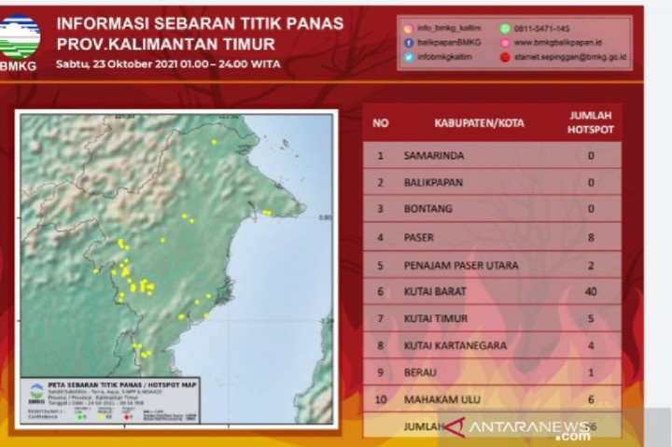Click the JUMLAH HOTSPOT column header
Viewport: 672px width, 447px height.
click(591, 122)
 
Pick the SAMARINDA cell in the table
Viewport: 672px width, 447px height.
click(433, 155)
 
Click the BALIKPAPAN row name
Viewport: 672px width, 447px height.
click(433, 183)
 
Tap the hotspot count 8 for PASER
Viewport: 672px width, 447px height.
click(591, 238)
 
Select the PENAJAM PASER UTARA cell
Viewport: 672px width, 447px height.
click(460, 265)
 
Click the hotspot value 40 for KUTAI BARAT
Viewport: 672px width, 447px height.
click(591, 292)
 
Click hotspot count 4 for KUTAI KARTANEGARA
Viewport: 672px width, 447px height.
click(591, 346)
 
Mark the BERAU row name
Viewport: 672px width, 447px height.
click(422, 372)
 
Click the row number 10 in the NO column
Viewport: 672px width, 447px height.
click(380, 399)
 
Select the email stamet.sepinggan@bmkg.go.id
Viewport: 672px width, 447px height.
click(570, 57)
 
